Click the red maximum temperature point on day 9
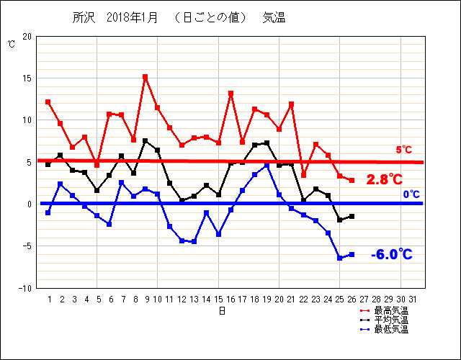[146, 77]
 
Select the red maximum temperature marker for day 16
[230, 94]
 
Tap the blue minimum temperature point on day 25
[340, 258]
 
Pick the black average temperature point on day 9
[146, 141]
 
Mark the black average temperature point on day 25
[340, 220]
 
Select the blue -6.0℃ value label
[392, 254]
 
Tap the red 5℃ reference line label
[403, 150]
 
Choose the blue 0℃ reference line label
[411, 194]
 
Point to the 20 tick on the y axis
[27, 36]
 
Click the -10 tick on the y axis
[25, 288]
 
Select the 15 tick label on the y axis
[27, 78]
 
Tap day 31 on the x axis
[413, 299]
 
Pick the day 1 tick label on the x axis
[49, 299]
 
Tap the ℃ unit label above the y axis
[11, 44]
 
